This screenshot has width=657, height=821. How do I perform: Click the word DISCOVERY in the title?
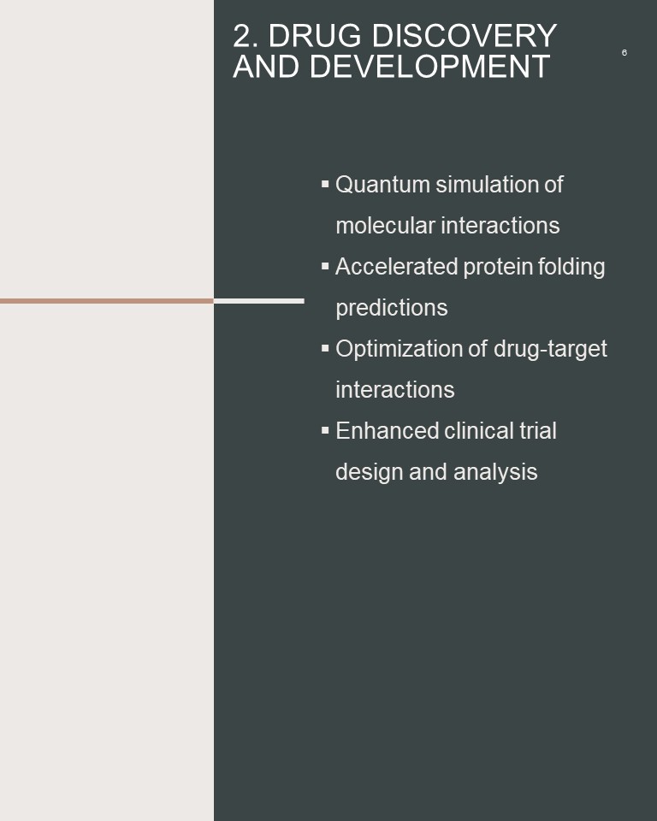[465, 36]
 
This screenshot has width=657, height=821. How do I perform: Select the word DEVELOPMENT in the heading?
[429, 67]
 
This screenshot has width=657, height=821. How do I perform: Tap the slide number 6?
[624, 52]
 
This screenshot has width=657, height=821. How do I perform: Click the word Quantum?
[382, 185]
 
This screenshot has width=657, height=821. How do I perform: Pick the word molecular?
[385, 226]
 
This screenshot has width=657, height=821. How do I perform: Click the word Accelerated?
[397, 267]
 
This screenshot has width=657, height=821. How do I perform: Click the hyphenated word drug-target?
[550, 349]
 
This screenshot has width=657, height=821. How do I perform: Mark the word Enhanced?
[387, 431]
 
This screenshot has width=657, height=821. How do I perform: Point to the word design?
[369, 472]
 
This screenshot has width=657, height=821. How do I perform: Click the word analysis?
[495, 472]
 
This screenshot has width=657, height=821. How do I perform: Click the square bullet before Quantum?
[325, 184]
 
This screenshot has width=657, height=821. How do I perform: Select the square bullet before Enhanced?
[325, 430]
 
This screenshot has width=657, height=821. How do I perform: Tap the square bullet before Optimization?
[325, 348]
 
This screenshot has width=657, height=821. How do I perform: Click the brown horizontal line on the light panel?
[107, 301]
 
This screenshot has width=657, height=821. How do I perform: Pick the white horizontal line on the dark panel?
[259, 301]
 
